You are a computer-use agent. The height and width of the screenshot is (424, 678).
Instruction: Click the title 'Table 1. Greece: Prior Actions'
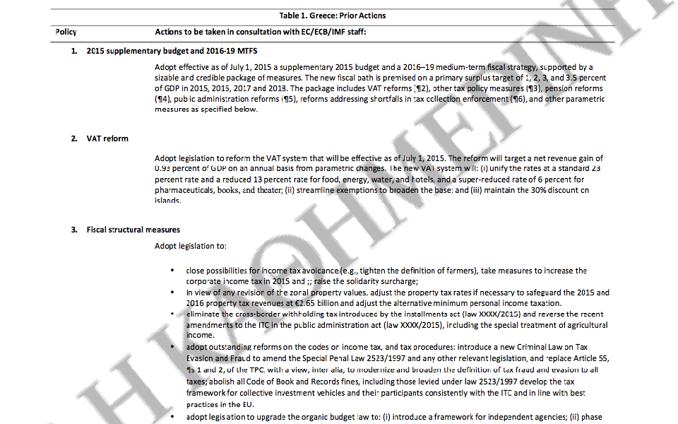(333, 16)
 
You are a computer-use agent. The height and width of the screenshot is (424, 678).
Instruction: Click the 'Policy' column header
(66, 33)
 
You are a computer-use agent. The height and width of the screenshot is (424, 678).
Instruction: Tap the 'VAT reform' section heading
(107, 139)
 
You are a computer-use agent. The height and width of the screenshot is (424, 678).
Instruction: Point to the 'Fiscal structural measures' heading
(133, 230)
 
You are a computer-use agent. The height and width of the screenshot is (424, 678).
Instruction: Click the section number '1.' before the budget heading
(74, 52)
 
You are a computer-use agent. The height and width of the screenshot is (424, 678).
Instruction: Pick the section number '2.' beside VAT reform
(74, 139)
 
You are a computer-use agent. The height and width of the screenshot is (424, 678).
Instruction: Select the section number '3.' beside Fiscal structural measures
(74, 230)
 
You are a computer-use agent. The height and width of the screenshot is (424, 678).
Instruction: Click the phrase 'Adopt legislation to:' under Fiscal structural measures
(190, 247)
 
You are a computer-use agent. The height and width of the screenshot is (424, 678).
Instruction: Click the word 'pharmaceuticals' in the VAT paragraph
(184, 190)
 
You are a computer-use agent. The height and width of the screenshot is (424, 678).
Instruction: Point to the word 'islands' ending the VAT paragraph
(167, 201)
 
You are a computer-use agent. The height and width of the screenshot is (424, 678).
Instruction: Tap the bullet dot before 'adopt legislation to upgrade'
(172, 418)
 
